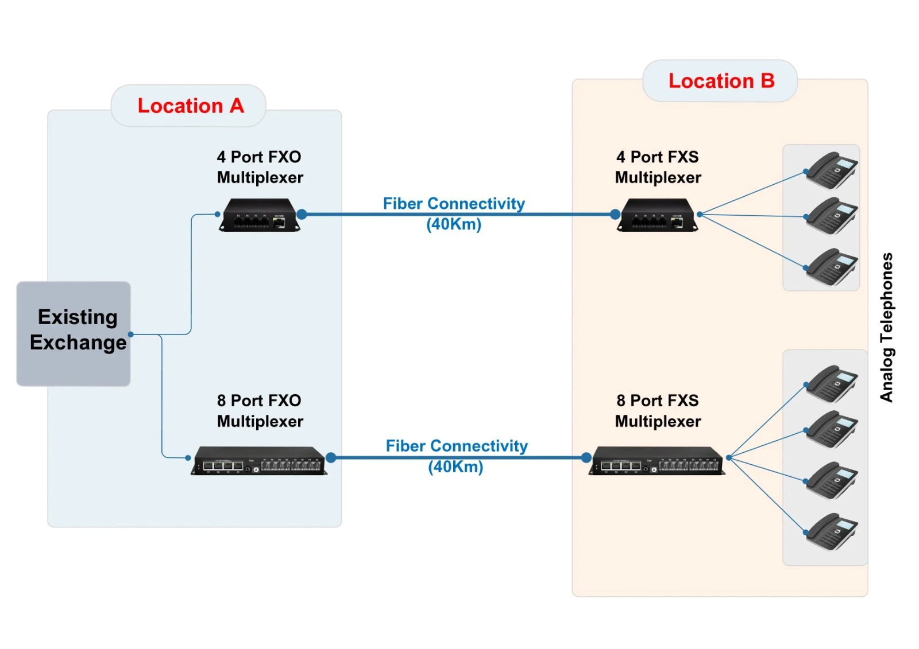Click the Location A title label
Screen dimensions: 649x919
(x=190, y=106)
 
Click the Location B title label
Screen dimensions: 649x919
(x=721, y=81)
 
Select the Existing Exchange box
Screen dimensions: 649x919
(x=74, y=333)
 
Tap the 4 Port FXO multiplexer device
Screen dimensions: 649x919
(x=260, y=215)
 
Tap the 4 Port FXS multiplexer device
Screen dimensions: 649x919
(x=658, y=215)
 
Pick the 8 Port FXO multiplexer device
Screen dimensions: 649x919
(x=259, y=461)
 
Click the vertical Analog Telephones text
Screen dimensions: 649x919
(x=886, y=327)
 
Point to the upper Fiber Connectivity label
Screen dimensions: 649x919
(x=454, y=204)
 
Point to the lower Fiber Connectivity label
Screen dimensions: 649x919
(x=457, y=446)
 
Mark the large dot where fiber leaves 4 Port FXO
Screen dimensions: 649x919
(x=302, y=214)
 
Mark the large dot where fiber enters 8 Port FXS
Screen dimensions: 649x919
(x=586, y=457)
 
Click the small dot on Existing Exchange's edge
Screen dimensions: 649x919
(x=131, y=334)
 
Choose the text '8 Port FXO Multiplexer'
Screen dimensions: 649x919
(x=260, y=411)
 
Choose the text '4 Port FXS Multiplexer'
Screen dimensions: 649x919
(x=658, y=167)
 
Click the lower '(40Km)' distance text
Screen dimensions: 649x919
(x=455, y=467)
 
